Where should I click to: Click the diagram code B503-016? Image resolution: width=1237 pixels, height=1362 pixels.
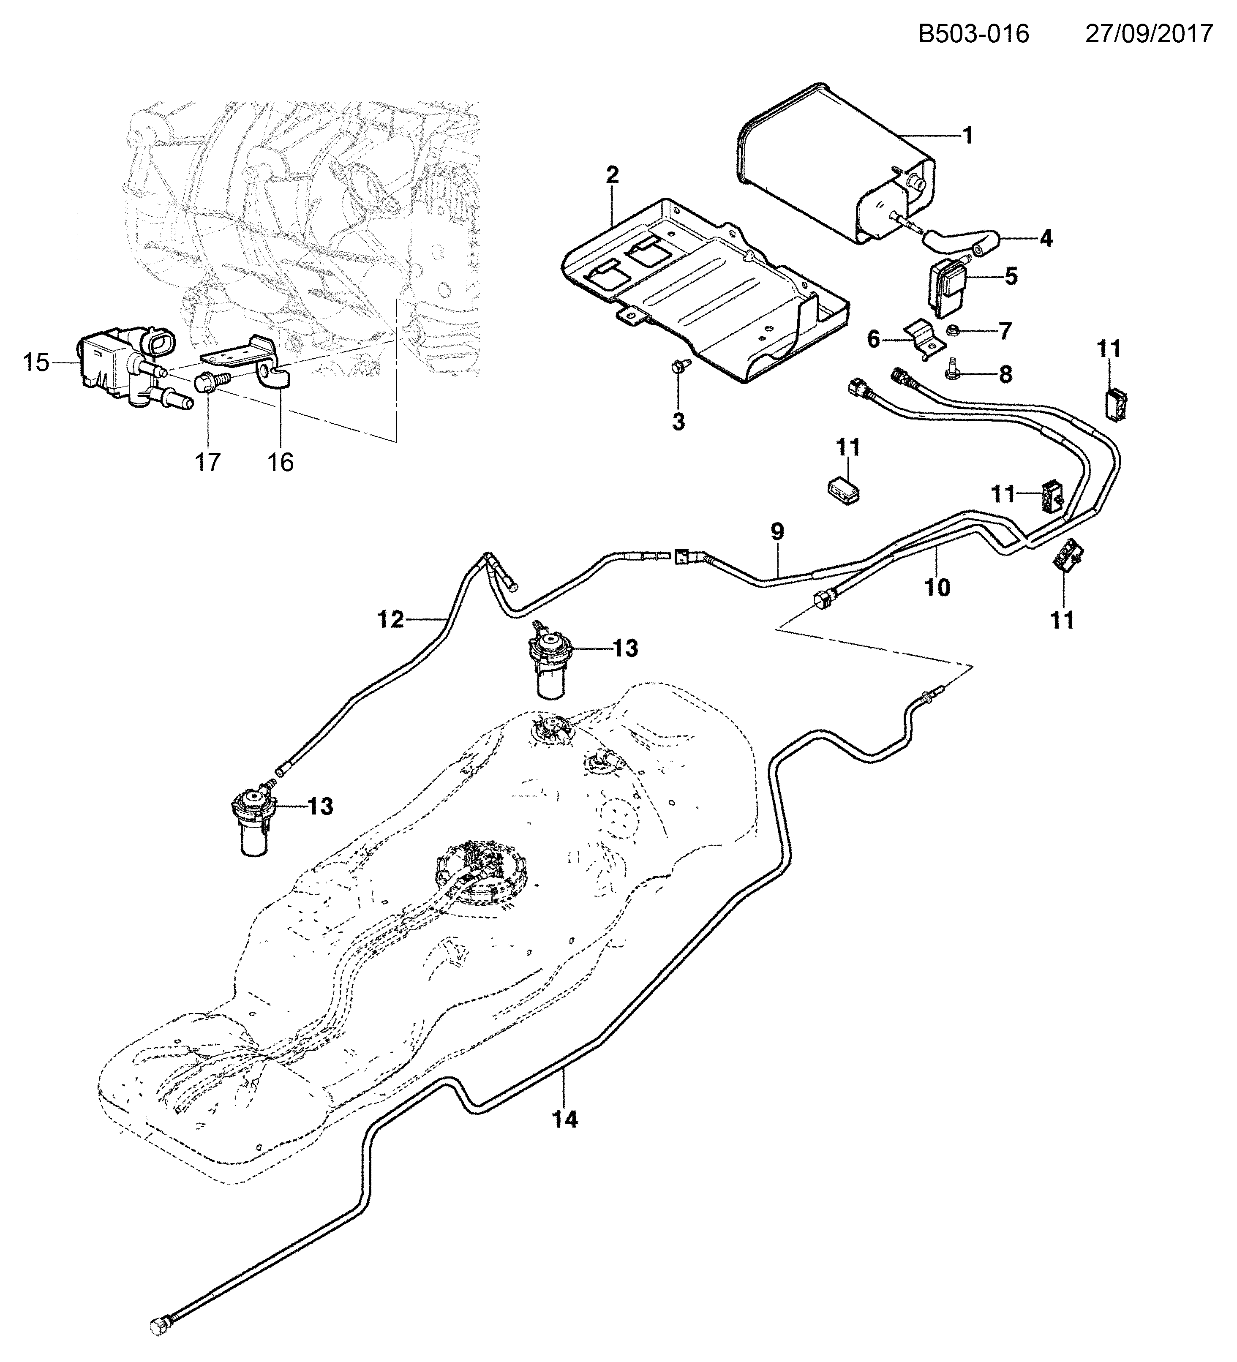pyautogui.click(x=973, y=33)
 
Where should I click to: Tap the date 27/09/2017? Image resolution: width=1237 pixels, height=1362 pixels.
pyautogui.click(x=1149, y=33)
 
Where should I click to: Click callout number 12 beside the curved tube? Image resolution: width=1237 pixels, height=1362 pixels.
pyautogui.click(x=390, y=619)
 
